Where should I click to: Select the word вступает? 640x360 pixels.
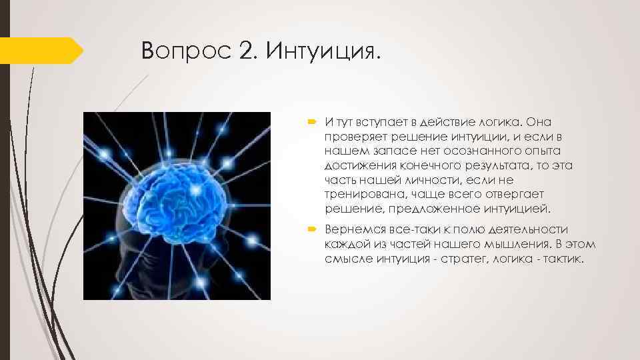[x=380, y=122]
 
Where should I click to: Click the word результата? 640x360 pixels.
[x=494, y=166]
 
